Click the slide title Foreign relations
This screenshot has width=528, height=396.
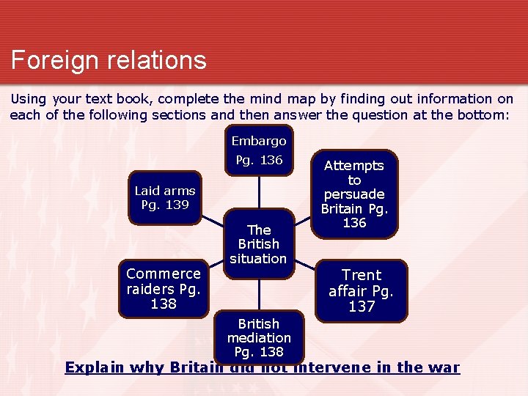click(109, 60)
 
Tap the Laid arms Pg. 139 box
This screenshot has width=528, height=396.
click(165, 197)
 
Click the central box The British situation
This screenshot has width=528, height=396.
click(258, 244)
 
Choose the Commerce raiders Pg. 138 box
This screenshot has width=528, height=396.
click(163, 288)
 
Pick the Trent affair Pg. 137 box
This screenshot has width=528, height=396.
click(361, 290)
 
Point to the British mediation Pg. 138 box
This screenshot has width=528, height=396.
click(259, 337)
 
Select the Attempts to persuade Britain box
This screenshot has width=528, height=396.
click(354, 194)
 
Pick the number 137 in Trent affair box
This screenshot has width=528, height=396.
click(362, 307)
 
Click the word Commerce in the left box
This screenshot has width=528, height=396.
click(163, 274)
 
